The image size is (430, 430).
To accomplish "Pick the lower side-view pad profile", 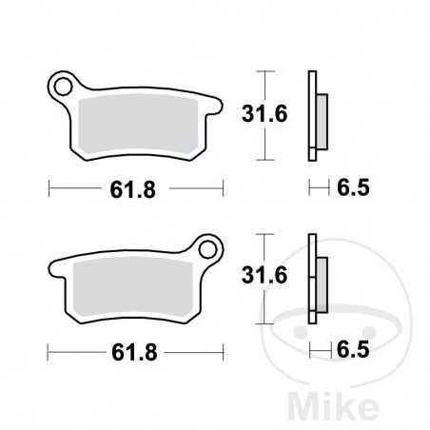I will [314, 278].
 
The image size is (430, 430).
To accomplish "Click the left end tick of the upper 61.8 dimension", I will [49, 188].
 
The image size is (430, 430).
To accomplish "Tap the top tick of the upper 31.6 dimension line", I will [267, 72].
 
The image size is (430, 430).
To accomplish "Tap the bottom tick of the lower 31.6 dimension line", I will [267, 322].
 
